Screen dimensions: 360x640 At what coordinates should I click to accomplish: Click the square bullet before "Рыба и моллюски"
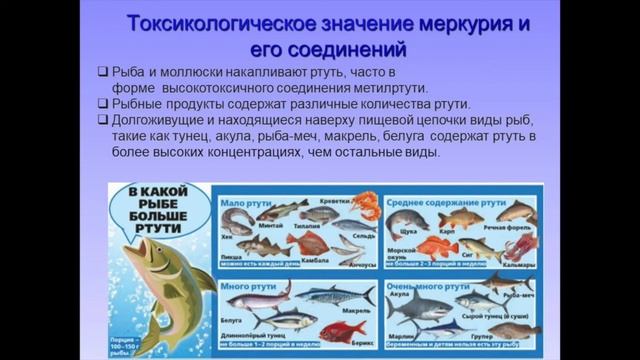(x=103, y=72)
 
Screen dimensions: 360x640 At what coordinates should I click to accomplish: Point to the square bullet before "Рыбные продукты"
(x=103, y=104)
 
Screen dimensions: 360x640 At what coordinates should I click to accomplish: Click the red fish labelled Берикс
(x=342, y=328)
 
